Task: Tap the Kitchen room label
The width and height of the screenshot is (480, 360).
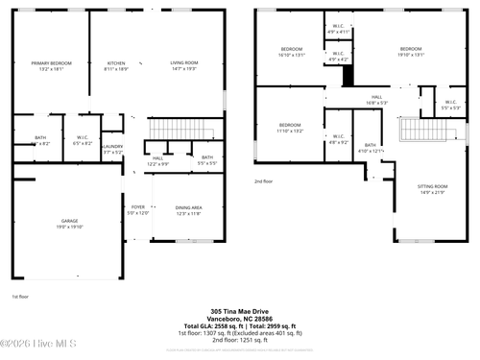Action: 115,65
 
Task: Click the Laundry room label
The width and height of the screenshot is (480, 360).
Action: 112,147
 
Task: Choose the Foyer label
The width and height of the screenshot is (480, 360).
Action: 137,208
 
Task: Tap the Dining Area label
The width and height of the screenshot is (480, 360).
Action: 188,210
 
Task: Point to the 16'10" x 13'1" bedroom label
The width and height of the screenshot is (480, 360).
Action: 292,52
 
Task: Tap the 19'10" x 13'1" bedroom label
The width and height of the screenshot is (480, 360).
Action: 411,52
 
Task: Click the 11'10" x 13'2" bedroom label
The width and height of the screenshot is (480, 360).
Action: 291,128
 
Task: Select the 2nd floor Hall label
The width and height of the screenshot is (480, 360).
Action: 377,99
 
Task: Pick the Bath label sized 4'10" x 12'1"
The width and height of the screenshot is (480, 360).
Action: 370,147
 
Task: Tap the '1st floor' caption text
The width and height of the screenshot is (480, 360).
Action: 20,296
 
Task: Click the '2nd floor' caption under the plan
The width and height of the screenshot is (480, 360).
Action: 264,180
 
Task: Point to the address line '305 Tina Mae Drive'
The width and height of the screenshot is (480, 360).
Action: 241,311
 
